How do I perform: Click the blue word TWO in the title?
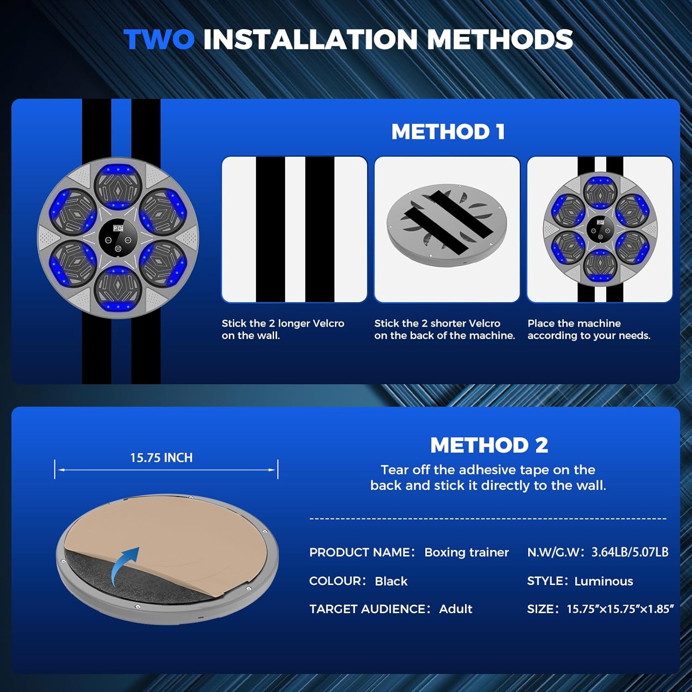coord(159,39)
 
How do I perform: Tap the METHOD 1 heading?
coord(448,132)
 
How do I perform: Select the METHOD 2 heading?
coord(489,445)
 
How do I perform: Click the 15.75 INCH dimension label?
coord(161,458)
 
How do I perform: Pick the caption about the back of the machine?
coord(444,329)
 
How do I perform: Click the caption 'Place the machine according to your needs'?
coord(589,329)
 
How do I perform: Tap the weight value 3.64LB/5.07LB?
coord(630,552)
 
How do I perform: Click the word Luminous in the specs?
coord(603,581)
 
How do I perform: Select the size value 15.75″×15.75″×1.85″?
coord(620,609)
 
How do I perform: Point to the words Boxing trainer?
coord(466,552)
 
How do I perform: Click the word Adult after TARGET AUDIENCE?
coord(455,609)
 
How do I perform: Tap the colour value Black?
coord(391,581)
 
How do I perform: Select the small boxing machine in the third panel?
coord(600,229)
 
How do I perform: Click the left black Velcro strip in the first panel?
coord(270,229)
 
